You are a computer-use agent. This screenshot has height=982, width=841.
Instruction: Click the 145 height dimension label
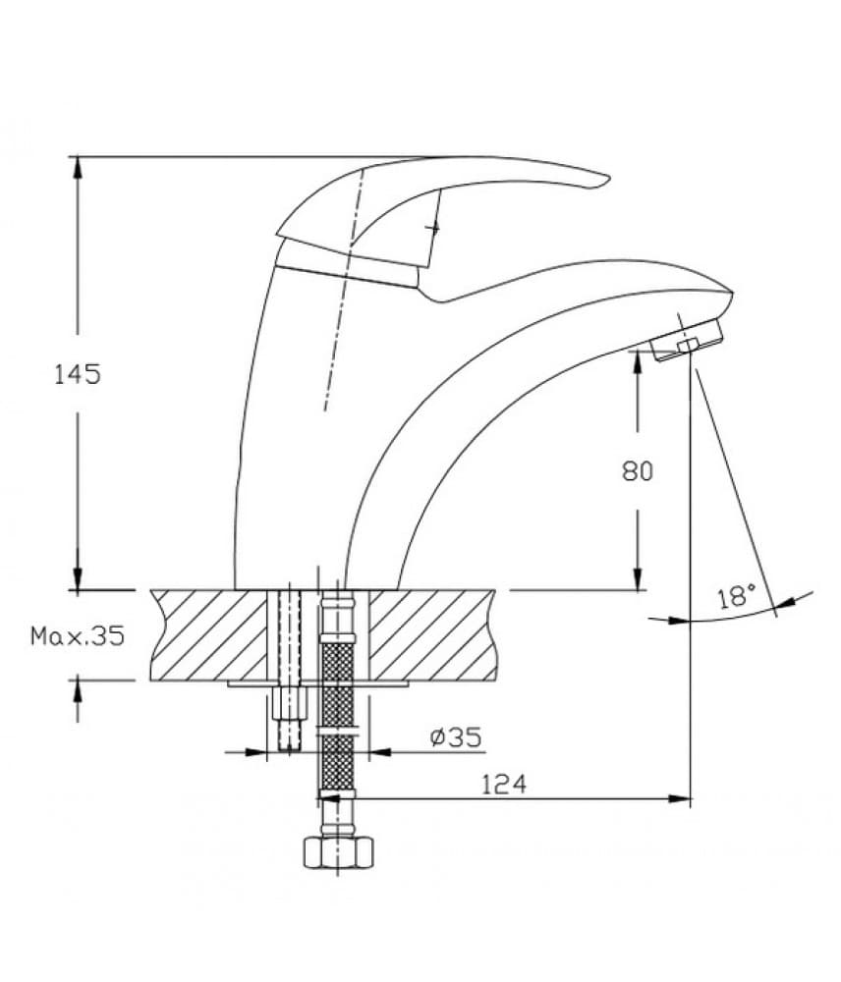point(78,374)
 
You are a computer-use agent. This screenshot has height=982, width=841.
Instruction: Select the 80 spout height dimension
point(638,471)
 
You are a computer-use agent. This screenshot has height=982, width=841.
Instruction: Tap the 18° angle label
point(737,596)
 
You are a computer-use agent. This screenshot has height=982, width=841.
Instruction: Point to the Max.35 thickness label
point(79,636)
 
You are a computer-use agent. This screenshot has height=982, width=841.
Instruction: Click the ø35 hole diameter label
point(456,736)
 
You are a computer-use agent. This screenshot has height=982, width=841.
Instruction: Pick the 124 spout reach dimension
point(504,784)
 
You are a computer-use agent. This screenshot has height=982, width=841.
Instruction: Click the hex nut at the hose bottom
point(338,853)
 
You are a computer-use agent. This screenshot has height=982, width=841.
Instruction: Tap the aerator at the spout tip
point(687,341)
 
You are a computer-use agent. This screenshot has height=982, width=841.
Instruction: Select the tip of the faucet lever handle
point(608,179)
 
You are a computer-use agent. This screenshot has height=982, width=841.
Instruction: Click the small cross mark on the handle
point(433,229)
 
